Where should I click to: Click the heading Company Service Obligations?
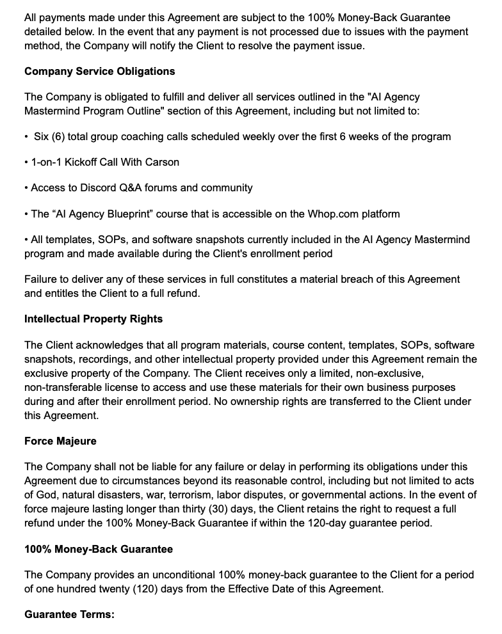99,71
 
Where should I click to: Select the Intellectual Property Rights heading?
93,319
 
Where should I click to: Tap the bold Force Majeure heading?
60,441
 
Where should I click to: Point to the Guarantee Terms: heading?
69,614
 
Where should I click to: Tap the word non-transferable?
65,388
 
